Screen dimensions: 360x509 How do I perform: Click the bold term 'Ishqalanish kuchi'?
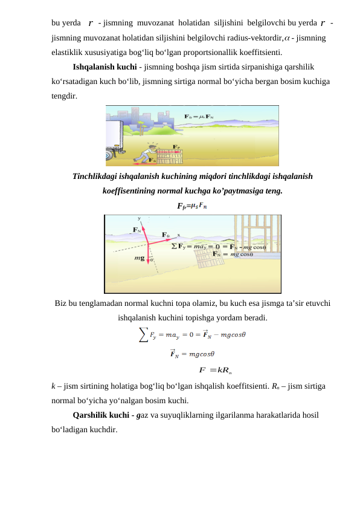(104, 67)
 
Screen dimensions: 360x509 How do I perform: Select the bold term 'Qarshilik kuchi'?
(101, 415)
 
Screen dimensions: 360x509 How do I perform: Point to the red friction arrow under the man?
(143, 160)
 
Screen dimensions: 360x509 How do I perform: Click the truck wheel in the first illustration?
(109, 155)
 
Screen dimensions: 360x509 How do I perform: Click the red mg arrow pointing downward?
(148, 254)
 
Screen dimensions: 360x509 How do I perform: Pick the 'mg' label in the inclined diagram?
(140, 258)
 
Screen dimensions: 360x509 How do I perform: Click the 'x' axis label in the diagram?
(179, 235)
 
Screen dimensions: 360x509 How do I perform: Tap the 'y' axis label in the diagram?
(139, 218)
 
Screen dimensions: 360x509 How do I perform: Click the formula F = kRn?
(216, 370)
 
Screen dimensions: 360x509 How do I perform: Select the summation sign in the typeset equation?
(143, 335)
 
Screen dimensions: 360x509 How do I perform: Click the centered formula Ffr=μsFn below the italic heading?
(192, 206)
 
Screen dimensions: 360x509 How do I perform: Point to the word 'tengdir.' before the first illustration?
(64, 96)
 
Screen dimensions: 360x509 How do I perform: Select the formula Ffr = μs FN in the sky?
(199, 117)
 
